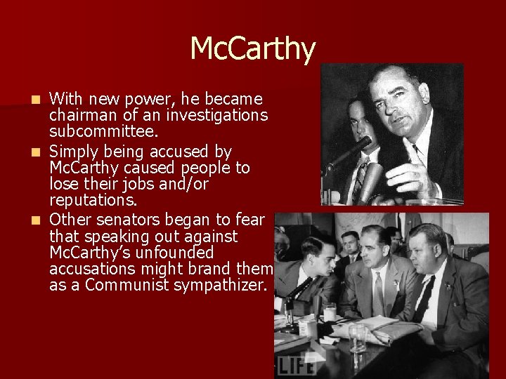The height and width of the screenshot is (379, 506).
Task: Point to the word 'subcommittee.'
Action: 98,131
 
